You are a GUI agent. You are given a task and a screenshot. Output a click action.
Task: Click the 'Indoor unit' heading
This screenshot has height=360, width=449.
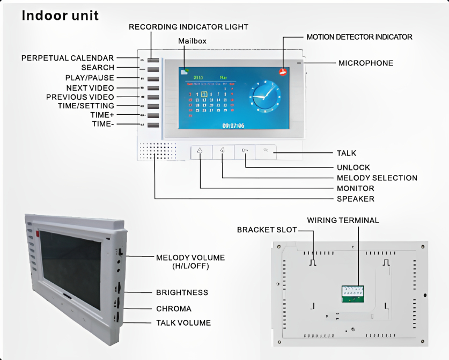pos(60,16)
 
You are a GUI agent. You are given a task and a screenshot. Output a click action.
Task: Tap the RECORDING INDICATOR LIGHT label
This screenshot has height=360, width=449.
pos(188,27)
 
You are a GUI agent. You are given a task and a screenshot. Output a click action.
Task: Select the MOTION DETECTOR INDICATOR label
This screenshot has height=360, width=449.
pos(359,37)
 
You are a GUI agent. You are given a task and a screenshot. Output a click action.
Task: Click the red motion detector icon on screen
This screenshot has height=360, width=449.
pos(283,72)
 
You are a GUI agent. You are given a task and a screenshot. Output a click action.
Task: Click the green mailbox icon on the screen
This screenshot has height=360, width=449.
pos(185,70)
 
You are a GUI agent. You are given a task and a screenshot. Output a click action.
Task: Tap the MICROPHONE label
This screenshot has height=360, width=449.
pos(365,63)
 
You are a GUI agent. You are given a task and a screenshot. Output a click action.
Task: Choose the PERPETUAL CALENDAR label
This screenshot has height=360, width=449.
pos(68,58)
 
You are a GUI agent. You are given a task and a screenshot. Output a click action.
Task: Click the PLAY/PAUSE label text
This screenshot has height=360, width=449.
pos(90,78)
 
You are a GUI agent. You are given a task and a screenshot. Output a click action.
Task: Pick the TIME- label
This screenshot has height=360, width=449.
pos(103,124)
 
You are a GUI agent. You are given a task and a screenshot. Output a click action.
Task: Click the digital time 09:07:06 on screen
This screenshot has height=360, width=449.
pos(233,126)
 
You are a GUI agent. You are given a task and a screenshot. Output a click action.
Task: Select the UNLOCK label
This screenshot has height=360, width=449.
pos(353,167)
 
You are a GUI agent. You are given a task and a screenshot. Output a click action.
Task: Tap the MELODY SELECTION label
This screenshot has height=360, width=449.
pos(377,178)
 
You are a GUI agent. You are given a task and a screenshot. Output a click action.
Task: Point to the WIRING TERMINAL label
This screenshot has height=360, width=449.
pos(343,221)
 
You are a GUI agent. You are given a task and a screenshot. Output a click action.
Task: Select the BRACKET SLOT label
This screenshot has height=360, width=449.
pos(267,230)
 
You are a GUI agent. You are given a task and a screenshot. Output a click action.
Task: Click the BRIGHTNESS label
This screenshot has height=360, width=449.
pos(182,293)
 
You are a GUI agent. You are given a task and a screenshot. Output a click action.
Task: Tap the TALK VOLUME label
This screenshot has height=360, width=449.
pos(183,322)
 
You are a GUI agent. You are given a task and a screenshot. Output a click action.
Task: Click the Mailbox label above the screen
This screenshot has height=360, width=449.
pos(192,41)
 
